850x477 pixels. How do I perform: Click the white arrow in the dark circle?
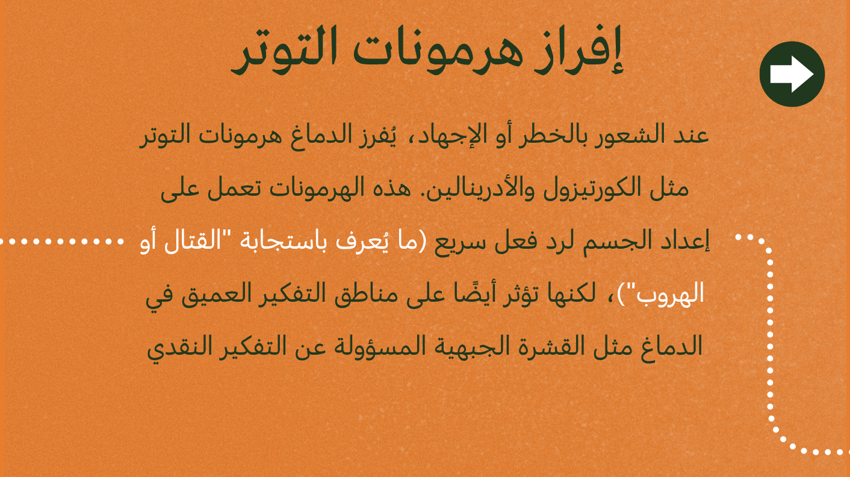pyautogui.click(x=792, y=74)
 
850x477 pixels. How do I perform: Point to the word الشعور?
pyautogui.click(x=623, y=136)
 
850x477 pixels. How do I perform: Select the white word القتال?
pyautogui.click(x=193, y=241)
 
